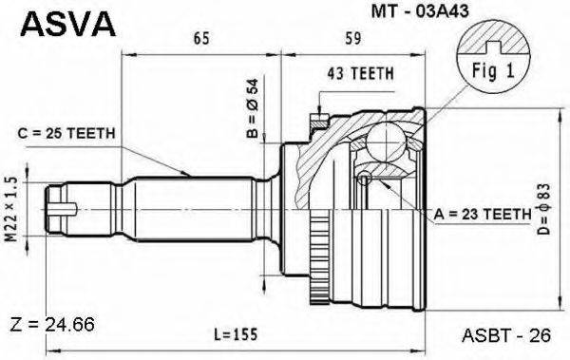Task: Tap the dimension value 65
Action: tap(200, 40)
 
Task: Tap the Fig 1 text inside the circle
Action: tap(489, 68)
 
